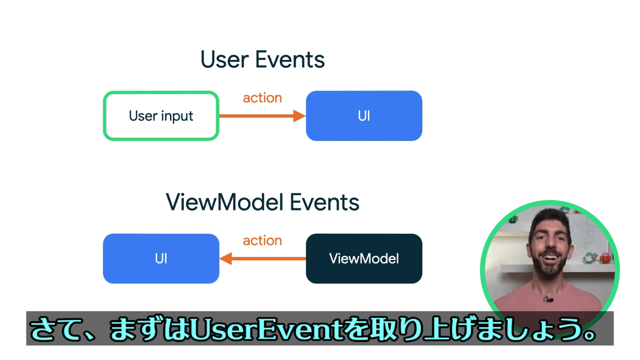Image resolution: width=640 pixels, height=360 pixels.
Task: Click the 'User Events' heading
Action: click(262, 59)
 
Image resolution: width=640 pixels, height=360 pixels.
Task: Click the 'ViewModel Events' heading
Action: click(262, 202)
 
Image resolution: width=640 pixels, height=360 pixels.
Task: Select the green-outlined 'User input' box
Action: click(161, 116)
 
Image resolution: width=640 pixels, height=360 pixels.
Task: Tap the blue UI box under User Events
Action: click(364, 116)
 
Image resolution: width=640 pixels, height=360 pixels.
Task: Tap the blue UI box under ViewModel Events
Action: click(161, 258)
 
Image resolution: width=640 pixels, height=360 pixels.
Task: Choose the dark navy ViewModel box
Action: click(364, 258)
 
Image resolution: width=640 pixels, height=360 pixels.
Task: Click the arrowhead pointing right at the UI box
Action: click(299, 116)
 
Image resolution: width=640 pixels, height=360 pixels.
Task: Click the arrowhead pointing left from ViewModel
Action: click(226, 258)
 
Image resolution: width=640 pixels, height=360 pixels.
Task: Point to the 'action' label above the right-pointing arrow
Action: click(262, 98)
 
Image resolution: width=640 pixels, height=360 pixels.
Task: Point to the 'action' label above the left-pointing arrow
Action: click(262, 241)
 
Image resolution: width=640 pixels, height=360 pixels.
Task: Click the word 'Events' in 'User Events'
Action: click(290, 59)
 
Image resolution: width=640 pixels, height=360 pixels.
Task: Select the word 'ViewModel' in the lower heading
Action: click(224, 202)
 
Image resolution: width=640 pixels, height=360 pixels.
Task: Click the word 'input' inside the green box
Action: click(177, 116)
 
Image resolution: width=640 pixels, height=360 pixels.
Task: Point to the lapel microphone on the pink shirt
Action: click(549, 299)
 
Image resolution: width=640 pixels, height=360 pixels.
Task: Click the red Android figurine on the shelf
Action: click(605, 258)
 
